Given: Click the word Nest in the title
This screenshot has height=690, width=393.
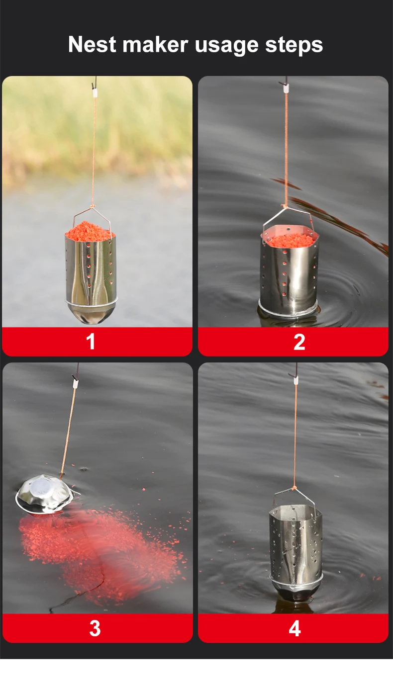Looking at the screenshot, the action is coord(92,45).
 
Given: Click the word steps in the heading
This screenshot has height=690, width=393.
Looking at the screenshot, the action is coord(294,46).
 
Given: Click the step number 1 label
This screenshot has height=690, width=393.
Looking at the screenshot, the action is coord(91,342).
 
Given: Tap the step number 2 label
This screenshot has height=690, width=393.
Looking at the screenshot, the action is coord(299,342).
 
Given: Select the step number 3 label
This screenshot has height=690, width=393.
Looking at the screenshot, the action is coord(95,628).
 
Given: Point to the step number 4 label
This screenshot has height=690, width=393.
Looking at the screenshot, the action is coord(295,628).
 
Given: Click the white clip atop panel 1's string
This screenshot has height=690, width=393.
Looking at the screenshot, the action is coord(95,93).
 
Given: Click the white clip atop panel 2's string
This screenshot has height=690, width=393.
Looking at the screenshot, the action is coord(287,89).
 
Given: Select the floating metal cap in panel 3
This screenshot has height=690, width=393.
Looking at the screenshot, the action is coord(45,495).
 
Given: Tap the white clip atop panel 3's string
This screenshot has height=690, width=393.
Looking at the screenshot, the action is coord(75,383).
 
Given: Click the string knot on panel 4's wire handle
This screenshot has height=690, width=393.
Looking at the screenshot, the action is coord(294,489).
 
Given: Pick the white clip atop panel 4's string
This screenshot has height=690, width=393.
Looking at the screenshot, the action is coord(296,380).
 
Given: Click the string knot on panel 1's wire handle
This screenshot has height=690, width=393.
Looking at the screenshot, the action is coord(92,207).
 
